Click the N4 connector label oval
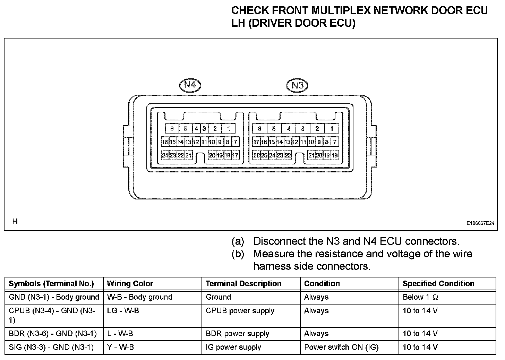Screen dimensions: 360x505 [x=190, y=85]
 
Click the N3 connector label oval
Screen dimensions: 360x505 [x=297, y=85]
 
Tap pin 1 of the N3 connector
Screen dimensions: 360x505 [x=332, y=129]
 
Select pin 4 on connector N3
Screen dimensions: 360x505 [x=289, y=129]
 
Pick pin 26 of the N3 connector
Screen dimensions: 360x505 [x=256, y=155]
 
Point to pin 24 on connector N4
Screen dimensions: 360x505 [x=165, y=155]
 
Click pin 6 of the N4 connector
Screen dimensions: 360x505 [x=172, y=129]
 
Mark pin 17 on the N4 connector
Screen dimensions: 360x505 [x=235, y=155]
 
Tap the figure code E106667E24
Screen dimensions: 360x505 [x=480, y=223]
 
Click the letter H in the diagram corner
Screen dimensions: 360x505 [x=15, y=221]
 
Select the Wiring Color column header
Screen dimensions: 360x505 [x=130, y=284]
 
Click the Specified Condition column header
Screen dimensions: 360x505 [x=438, y=284]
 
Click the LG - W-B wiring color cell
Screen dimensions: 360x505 [x=123, y=311]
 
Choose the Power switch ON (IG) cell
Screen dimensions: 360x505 [x=341, y=347]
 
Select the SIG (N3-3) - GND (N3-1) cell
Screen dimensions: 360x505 [x=51, y=347]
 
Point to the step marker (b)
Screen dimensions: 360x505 [x=238, y=254]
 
